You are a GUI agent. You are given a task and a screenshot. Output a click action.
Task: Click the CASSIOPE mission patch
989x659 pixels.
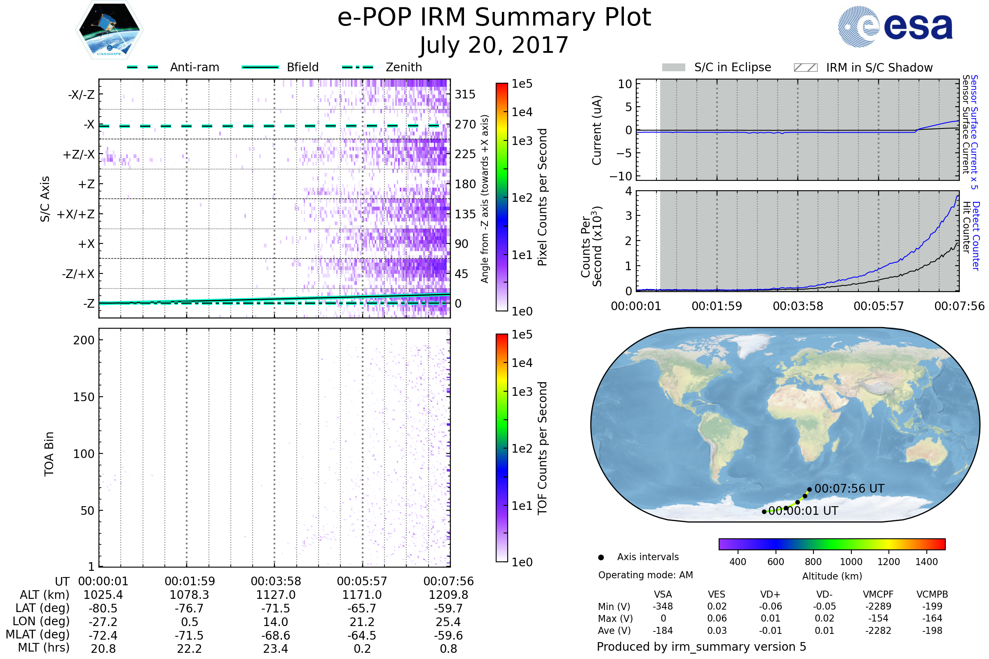[x=109, y=30]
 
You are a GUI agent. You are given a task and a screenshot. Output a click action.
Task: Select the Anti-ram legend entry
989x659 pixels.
[x=173, y=67]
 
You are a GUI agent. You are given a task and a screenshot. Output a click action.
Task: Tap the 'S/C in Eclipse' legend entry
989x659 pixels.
[x=717, y=67]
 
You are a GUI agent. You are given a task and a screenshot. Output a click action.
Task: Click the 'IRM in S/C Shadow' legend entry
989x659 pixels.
[x=863, y=68]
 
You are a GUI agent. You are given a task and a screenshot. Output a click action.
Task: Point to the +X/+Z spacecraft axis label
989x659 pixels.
[x=76, y=214]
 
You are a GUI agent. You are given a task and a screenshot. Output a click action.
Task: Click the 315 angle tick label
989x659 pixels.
[x=465, y=94]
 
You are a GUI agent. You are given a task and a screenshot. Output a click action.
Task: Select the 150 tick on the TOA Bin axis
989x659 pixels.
[x=84, y=397]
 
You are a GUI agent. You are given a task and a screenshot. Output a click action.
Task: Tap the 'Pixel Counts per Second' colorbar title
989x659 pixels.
[x=542, y=197]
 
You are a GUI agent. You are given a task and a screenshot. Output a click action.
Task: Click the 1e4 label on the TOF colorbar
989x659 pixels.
[x=522, y=363]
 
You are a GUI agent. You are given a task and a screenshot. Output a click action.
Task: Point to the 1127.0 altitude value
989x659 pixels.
[x=276, y=595]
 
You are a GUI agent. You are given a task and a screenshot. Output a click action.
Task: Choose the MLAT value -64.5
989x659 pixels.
[x=362, y=636]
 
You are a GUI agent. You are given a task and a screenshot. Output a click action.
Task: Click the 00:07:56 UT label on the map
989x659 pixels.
[x=849, y=489]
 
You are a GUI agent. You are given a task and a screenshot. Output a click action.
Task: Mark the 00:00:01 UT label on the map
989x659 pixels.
[x=803, y=511]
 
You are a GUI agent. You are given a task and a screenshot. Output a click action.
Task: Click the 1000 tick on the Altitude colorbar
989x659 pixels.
[x=851, y=562]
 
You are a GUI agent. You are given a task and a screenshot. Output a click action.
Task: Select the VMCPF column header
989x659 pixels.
[x=878, y=595]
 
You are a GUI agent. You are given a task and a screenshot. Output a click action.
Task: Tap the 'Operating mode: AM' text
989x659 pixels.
[x=645, y=575]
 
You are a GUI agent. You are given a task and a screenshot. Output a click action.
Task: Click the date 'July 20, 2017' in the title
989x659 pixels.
[x=494, y=45]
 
